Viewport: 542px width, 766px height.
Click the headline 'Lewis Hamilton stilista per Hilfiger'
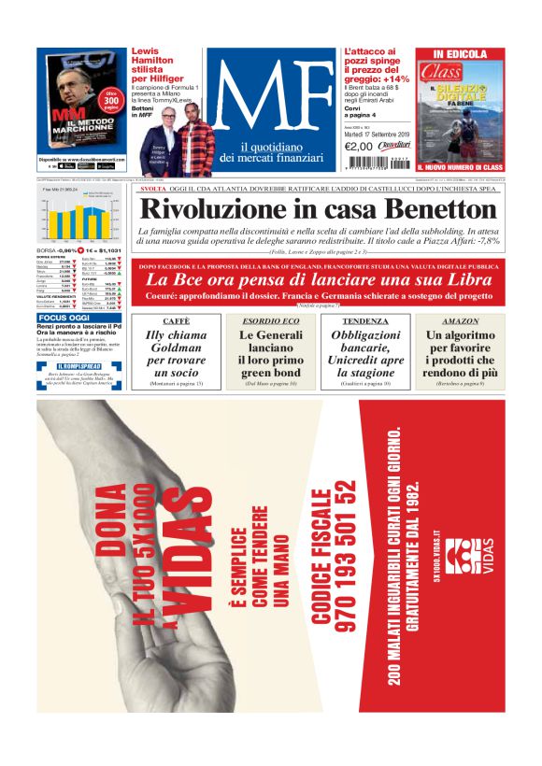(158, 64)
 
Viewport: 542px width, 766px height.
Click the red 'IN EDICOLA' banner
(460, 54)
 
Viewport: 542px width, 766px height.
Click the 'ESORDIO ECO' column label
(266, 320)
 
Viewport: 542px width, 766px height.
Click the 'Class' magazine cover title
(440, 71)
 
